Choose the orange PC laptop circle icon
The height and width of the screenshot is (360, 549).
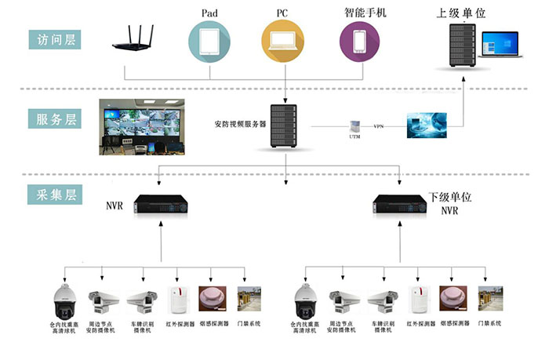point(282,41)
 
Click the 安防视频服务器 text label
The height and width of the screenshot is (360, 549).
point(240,124)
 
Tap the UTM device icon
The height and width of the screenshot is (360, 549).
point(354,125)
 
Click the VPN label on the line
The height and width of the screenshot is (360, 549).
point(379,125)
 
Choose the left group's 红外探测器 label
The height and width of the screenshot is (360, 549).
point(180,323)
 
